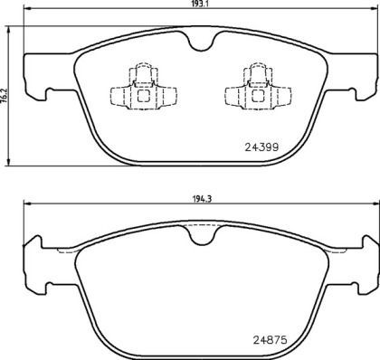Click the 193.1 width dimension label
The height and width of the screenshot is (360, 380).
point(200,5)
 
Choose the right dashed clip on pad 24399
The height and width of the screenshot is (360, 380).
point(254,90)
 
